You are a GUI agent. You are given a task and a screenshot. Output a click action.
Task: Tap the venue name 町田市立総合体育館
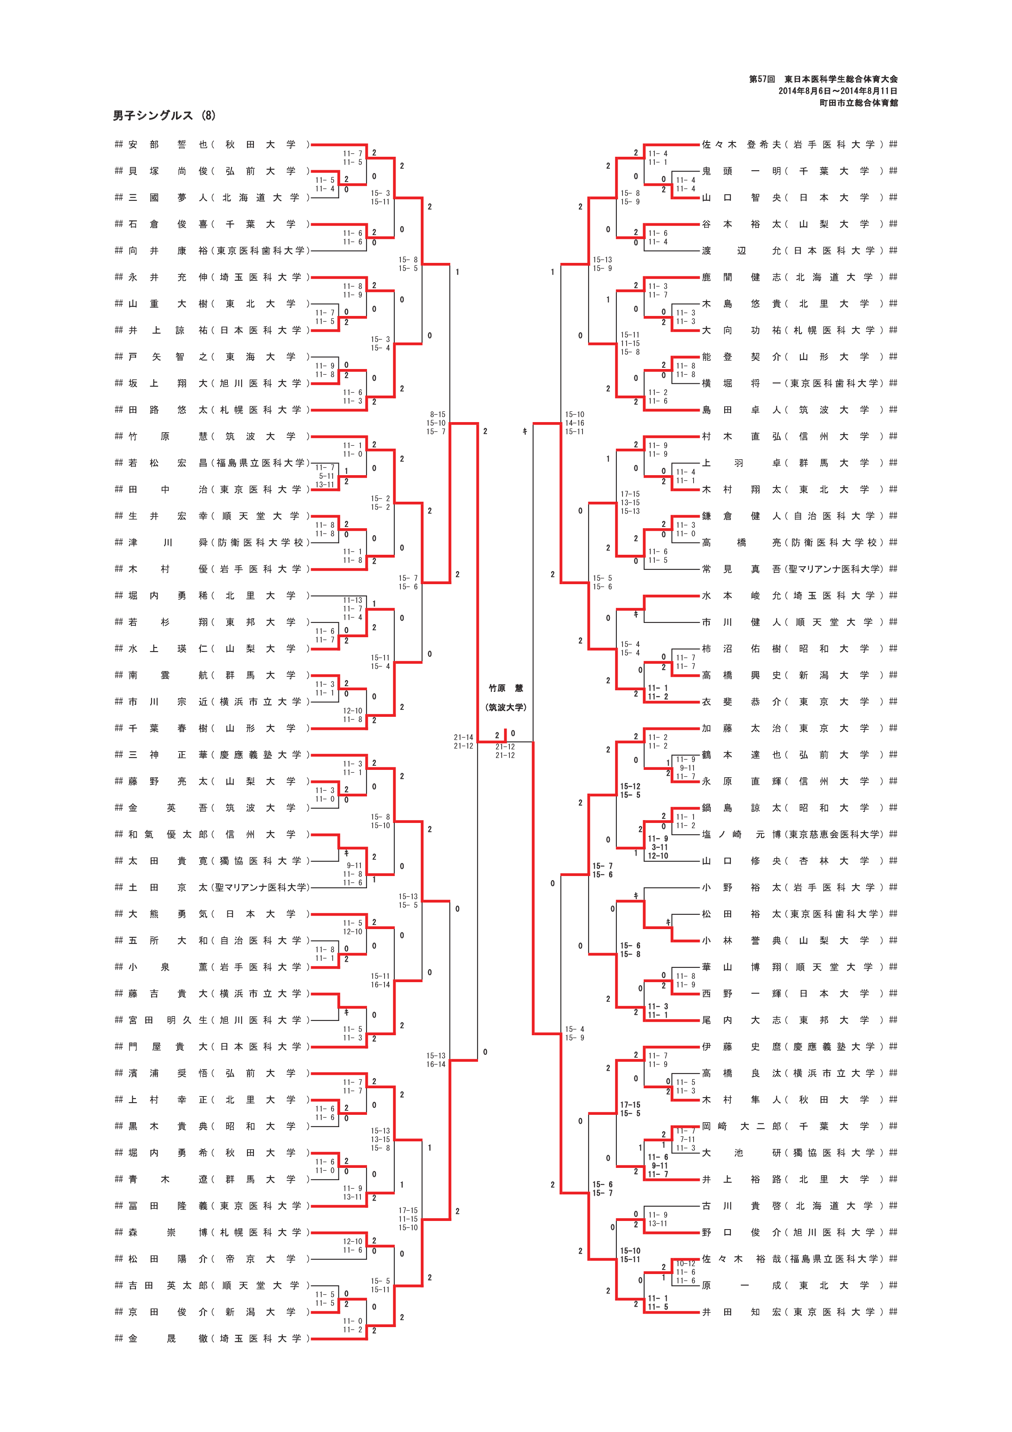pos(858,102)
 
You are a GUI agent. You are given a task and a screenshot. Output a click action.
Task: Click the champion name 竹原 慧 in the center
pos(506,689)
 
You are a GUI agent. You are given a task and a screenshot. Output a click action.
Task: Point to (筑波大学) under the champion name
pos(506,707)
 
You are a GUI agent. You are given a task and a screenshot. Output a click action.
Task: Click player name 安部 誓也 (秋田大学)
pos(212,145)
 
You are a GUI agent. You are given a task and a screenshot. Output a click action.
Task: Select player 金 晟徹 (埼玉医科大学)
pos(212,1339)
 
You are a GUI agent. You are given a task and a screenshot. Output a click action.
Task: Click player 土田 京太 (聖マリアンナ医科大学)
pos(212,887)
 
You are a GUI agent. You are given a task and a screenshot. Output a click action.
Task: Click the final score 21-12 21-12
pos(505,751)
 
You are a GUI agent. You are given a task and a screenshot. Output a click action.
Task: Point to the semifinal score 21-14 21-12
pos(463,742)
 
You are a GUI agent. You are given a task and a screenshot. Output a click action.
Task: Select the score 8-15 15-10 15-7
pos(436,423)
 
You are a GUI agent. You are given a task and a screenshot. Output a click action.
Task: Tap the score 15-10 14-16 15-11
pos(574,423)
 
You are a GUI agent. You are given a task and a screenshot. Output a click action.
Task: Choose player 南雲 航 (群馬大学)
pos(212,675)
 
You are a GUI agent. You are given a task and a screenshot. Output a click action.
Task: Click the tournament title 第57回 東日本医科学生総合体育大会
pos(823,79)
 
